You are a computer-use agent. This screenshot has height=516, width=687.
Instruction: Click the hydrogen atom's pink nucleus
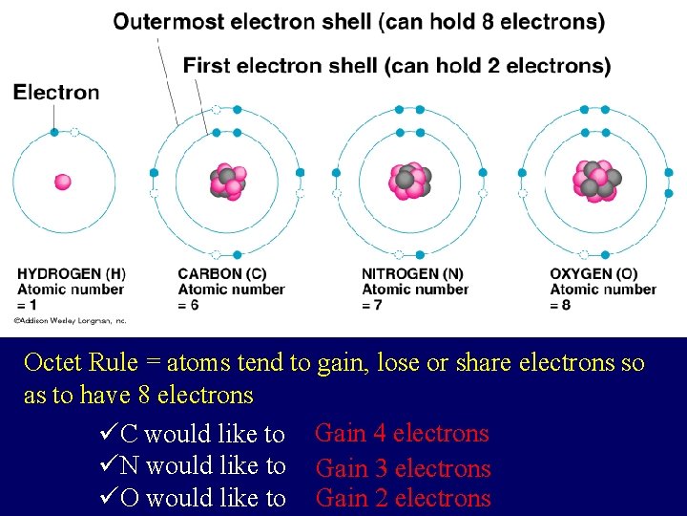63,182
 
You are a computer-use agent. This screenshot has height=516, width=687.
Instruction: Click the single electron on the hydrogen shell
54,132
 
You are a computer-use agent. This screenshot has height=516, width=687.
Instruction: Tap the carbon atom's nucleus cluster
227,182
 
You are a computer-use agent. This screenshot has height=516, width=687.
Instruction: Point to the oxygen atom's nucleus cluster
597,180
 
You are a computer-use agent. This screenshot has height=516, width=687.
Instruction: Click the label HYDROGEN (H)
71,274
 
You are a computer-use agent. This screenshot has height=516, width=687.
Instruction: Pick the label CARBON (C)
221,274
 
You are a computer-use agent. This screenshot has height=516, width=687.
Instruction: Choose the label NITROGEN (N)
411,274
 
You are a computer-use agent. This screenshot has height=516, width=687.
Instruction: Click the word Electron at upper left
56,92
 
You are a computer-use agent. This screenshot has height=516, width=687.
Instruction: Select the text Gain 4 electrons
402,434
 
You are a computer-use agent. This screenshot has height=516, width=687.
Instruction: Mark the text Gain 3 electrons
403,468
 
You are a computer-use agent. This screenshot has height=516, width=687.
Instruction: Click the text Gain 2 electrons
403,498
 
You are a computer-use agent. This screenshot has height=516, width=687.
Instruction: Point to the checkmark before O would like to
108,498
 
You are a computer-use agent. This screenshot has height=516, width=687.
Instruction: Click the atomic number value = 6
188,305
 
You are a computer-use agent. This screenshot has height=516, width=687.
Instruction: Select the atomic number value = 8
560,305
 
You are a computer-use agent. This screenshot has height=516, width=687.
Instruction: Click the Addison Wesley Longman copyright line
70,321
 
